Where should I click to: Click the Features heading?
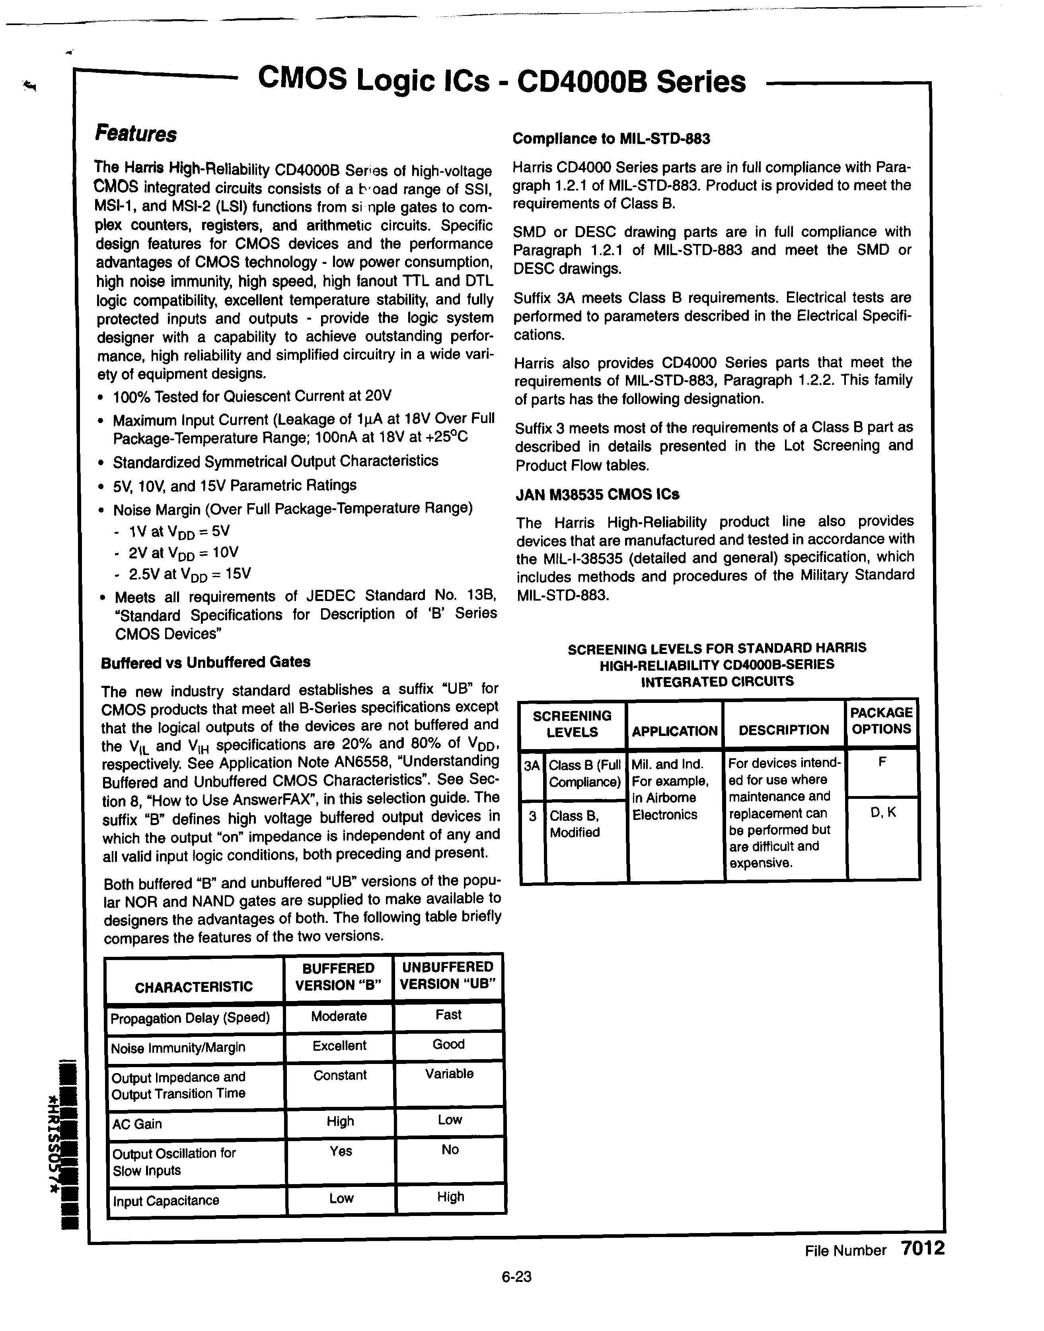click(136, 134)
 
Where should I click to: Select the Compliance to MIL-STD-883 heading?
click(611, 139)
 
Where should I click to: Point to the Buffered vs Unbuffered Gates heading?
click(205, 662)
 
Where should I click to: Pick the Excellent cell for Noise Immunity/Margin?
click(339, 1046)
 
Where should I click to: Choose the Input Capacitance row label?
click(166, 1201)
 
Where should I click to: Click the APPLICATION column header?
click(674, 731)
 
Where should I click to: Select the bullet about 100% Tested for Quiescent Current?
click(251, 397)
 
